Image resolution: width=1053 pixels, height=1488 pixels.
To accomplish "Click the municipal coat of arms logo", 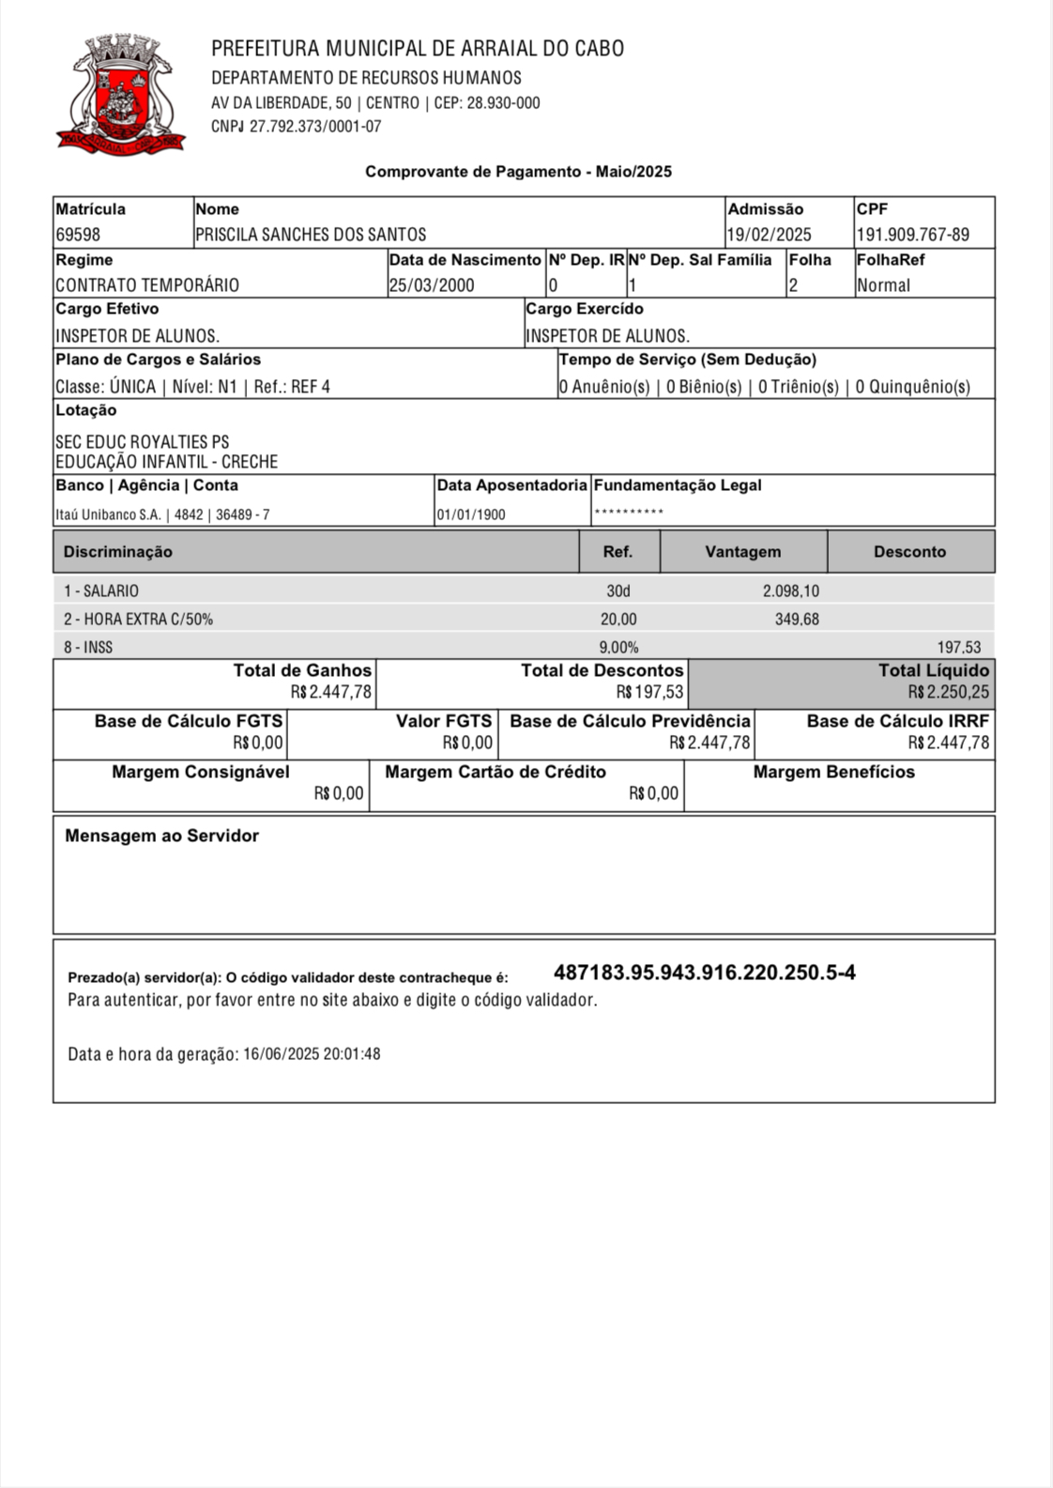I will (x=119, y=94).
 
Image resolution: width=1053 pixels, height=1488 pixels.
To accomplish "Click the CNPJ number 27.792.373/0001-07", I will (x=315, y=127).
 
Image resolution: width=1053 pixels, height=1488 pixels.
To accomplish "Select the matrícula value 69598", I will (x=78, y=235).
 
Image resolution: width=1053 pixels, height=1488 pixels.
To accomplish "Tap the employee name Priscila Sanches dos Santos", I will (x=311, y=235).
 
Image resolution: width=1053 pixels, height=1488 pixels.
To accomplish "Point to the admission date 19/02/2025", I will (x=770, y=235).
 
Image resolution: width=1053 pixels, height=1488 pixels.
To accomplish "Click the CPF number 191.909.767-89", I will (x=912, y=235).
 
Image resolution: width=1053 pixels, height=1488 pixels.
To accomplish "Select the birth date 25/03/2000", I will (x=432, y=285).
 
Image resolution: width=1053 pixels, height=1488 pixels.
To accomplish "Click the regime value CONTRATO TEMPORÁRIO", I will (x=147, y=285).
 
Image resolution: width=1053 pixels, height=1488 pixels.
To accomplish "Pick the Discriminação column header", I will (x=118, y=552).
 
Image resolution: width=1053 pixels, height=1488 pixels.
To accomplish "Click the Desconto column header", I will (x=909, y=552).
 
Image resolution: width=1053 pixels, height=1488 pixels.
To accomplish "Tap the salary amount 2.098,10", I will (x=790, y=591).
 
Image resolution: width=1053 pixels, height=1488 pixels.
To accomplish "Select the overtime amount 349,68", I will (x=797, y=620).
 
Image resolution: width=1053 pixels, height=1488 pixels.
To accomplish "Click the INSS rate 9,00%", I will (x=618, y=648).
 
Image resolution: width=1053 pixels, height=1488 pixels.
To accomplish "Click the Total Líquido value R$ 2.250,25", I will (x=948, y=693).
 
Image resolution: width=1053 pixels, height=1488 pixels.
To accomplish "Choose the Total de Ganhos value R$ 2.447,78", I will (x=331, y=693).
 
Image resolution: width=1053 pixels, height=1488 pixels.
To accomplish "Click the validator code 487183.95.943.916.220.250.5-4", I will (x=705, y=973).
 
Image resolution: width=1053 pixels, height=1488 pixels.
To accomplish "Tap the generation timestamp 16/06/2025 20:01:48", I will (x=312, y=1054).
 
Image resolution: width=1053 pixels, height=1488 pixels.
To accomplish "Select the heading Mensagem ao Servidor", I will (x=161, y=836).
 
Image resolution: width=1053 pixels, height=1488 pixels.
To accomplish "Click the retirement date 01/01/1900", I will (x=471, y=514).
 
